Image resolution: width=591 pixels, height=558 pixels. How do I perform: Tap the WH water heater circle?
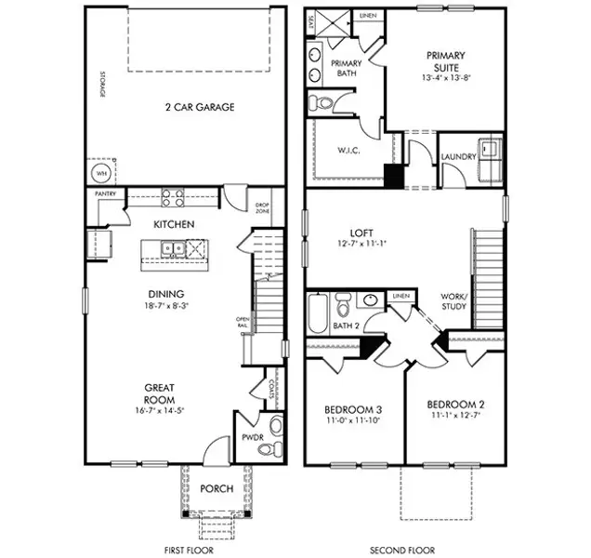[x=98, y=174]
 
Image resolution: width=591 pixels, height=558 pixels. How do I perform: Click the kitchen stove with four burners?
[x=173, y=197]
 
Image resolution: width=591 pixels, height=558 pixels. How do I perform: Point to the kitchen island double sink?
[x=170, y=248]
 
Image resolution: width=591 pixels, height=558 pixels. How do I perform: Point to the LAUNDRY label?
[x=458, y=157]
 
